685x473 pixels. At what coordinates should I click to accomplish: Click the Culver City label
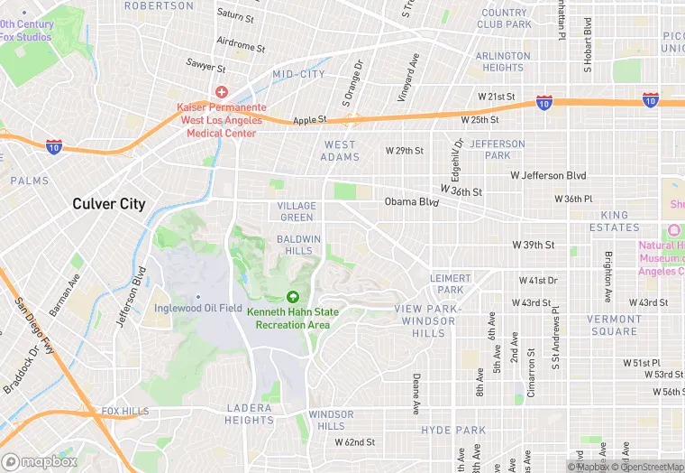109,204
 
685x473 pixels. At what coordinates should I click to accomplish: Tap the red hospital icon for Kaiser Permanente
221,92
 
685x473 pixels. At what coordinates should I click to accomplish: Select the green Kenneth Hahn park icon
293,297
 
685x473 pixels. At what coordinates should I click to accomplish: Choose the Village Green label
297,211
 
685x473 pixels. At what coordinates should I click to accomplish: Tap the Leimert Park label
447,283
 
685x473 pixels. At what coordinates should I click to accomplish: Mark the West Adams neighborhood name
340,151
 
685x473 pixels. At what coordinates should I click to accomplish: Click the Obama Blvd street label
411,202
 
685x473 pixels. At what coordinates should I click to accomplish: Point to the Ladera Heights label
249,414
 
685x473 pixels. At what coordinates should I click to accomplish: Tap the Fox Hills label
125,412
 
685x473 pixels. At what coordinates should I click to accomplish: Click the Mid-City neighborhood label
298,74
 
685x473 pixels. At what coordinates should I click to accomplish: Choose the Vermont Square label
615,325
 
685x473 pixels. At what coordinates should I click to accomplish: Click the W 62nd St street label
354,442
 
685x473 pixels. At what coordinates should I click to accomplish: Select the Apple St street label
309,119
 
